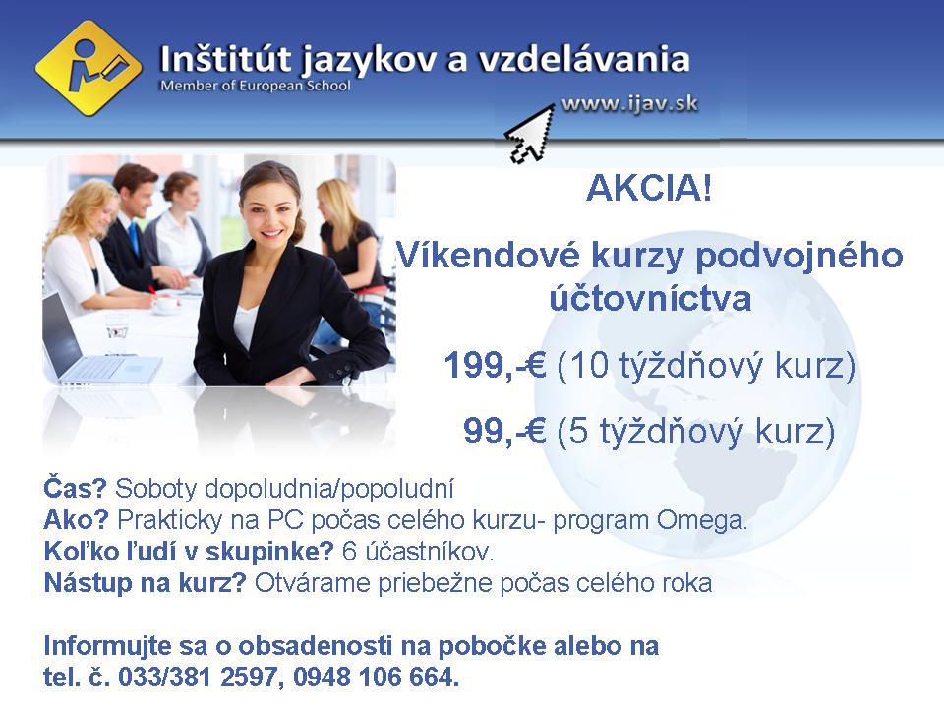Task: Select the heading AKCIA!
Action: tap(648, 188)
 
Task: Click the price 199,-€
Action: tap(495, 368)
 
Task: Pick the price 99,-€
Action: tap(504, 432)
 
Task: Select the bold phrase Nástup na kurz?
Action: tap(145, 583)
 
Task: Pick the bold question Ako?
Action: tap(77, 520)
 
